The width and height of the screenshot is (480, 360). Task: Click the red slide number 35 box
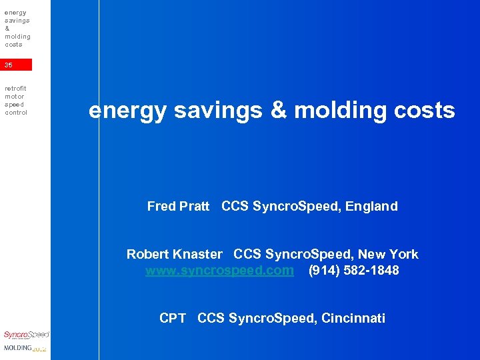[16, 65]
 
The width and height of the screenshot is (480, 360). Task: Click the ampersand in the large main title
[278, 111]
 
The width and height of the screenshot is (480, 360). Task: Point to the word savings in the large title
[219, 111]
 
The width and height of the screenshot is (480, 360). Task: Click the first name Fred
[161, 207]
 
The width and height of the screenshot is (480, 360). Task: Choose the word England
[371, 207]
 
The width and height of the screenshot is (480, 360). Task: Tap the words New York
[388, 254]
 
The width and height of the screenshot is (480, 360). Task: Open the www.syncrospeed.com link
[219, 271]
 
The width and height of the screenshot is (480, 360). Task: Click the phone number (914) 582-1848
[353, 271]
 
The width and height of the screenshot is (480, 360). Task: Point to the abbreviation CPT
[173, 318]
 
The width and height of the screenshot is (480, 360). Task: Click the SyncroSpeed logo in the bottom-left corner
[25, 335]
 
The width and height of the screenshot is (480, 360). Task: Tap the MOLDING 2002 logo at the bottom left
[25, 348]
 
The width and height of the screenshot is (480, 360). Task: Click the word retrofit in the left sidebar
[15, 88]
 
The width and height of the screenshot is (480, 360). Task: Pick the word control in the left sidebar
[15, 113]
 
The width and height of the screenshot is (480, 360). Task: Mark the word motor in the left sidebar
[14, 96]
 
